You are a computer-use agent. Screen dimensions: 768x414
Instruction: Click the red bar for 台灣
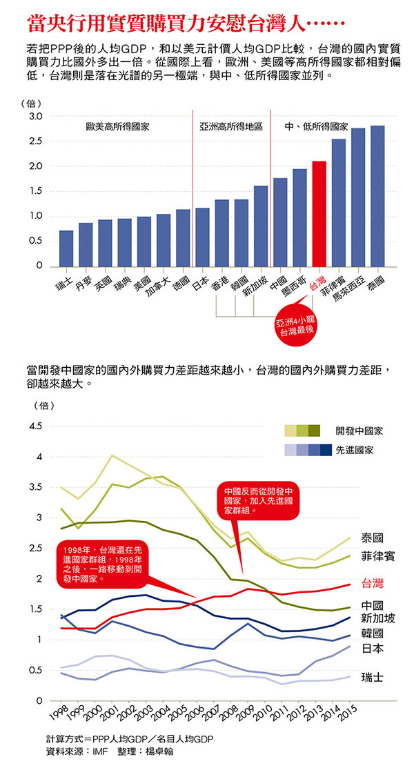click(319, 214)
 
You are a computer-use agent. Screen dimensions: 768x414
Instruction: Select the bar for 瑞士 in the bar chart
click(66, 248)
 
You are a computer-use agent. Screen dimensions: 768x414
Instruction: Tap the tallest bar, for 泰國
click(377, 196)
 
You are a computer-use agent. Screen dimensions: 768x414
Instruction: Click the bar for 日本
click(202, 237)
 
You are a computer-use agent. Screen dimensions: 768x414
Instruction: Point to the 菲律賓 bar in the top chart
click(338, 203)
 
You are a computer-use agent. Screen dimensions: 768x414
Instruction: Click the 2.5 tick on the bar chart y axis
click(35, 141)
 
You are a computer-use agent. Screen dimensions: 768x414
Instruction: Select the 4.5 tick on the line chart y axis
click(34, 426)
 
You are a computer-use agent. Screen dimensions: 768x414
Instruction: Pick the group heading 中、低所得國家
click(316, 128)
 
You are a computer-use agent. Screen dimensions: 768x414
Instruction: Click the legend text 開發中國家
click(359, 431)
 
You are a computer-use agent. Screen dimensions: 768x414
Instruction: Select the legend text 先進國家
click(355, 450)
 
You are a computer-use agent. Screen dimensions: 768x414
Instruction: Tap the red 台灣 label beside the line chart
click(373, 584)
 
